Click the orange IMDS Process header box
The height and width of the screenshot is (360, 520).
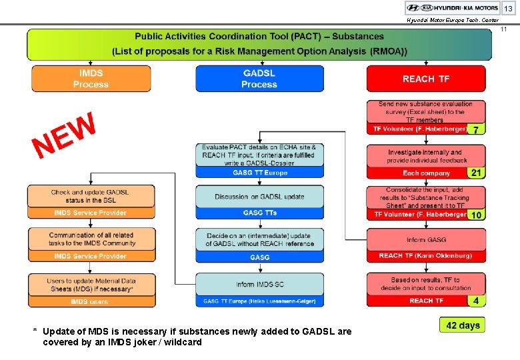(91, 79)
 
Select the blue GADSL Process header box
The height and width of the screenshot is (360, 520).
(259, 79)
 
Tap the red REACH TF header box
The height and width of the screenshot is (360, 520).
(426, 79)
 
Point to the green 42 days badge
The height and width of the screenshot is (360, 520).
(463, 325)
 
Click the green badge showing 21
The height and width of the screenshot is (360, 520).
(476, 173)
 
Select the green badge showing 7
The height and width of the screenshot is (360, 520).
(475, 129)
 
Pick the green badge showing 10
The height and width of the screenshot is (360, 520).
(476, 215)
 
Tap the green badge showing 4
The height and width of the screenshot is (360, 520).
(475, 301)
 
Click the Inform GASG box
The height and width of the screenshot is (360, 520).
(426, 239)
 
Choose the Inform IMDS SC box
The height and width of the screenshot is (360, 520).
(259, 285)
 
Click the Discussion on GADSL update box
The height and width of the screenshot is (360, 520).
(259, 197)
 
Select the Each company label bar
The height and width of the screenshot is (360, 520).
(417, 173)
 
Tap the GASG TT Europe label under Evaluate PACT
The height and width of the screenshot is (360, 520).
(259, 173)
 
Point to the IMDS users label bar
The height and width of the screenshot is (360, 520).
(91, 301)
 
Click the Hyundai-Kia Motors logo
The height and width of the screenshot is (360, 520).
(452, 8)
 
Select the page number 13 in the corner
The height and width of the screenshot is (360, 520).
(508, 9)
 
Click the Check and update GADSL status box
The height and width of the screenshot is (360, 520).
(91, 196)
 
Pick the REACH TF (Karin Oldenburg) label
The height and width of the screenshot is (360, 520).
(426, 256)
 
